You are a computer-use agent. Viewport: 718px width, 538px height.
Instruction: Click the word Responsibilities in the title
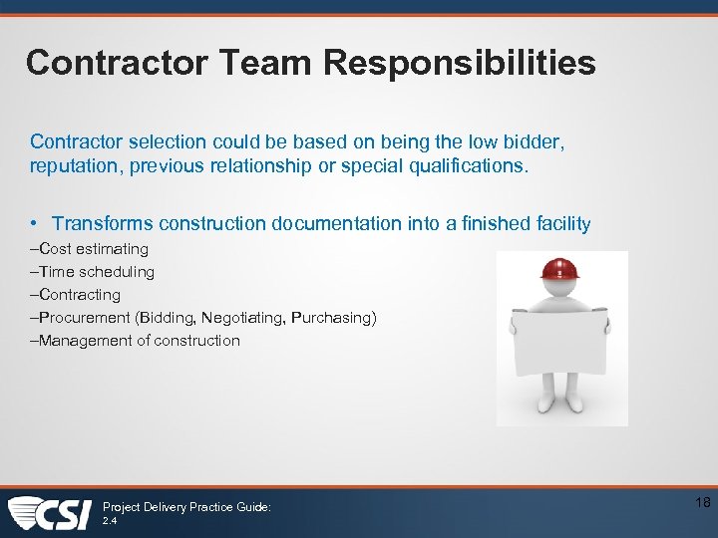tap(459, 64)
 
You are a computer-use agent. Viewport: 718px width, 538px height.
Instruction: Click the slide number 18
tap(702, 503)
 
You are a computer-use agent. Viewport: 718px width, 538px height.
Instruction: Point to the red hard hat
tap(559, 269)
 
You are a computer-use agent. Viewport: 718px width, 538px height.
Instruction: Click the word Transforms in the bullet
tap(102, 224)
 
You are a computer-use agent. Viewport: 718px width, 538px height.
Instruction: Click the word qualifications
tap(468, 166)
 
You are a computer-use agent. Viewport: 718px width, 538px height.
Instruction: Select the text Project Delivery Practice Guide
tap(186, 507)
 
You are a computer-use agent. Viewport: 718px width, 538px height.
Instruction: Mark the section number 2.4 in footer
tap(110, 521)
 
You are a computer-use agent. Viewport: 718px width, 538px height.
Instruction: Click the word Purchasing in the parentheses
tap(333, 318)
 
